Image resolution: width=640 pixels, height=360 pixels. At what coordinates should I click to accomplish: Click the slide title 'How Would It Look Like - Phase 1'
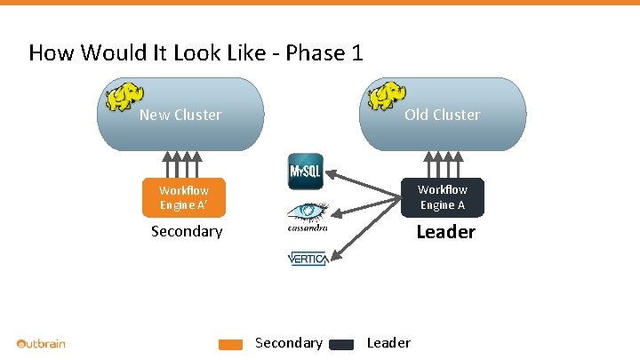click(196, 53)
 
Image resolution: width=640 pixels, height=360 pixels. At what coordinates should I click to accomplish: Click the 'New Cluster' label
click(180, 115)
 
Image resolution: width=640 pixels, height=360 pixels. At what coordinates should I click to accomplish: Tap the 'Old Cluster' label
click(442, 115)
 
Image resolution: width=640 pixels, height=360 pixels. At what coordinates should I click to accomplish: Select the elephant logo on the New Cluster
click(124, 96)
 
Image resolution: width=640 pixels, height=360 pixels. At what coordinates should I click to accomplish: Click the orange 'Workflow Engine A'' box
click(184, 197)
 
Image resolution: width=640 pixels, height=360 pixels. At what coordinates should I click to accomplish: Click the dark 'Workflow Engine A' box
click(442, 197)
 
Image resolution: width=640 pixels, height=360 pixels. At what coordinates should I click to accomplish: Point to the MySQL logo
click(306, 172)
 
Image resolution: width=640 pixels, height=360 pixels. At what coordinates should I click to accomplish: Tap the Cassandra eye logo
click(307, 216)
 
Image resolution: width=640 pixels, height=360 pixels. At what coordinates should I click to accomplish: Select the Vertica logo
click(308, 259)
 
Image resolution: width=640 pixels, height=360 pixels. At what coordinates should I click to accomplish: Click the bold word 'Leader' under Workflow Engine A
click(446, 232)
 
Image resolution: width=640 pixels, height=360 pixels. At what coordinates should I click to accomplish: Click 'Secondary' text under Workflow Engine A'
click(187, 231)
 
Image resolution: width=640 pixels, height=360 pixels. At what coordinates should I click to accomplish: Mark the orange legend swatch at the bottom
click(231, 345)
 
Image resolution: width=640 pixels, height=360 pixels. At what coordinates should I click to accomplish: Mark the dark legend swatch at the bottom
click(341, 345)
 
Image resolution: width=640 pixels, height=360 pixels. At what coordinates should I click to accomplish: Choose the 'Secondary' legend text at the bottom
click(288, 343)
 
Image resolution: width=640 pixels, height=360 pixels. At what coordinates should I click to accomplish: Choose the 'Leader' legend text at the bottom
click(388, 343)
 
